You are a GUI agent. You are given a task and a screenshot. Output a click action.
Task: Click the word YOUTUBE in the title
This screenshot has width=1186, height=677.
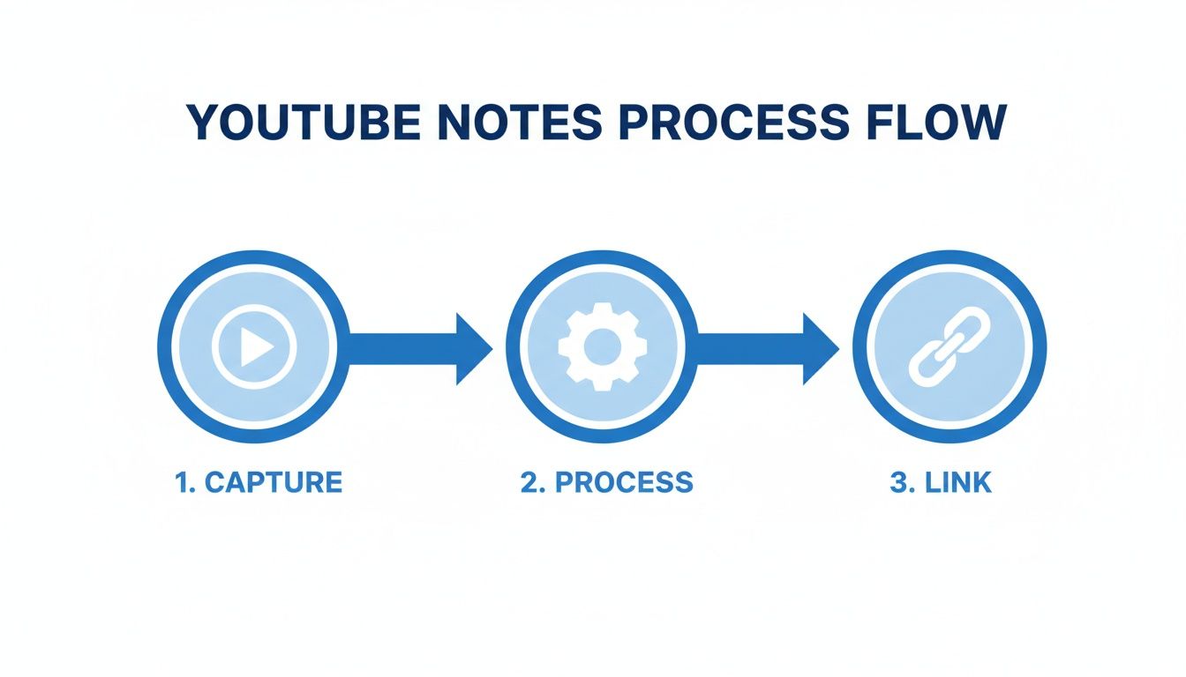[x=304, y=123]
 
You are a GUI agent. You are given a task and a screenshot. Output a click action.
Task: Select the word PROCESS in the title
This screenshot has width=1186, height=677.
[x=734, y=123]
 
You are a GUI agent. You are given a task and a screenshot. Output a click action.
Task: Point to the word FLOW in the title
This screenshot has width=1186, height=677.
[x=936, y=123]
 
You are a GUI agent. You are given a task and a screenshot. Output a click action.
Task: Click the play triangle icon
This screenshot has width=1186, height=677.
[x=256, y=347]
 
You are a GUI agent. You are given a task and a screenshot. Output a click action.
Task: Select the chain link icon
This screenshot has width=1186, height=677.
[x=950, y=346]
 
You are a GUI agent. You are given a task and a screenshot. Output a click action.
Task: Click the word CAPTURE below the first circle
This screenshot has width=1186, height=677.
[x=274, y=482]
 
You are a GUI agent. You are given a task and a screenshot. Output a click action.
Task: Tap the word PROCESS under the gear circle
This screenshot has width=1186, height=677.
[x=624, y=482]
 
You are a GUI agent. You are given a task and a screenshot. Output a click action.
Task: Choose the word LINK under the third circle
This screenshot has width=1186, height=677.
[x=957, y=482]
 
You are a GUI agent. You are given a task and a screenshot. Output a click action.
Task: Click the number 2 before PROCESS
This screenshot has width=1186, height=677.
[x=530, y=482]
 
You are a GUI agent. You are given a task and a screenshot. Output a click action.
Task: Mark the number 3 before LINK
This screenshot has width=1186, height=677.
[x=899, y=482]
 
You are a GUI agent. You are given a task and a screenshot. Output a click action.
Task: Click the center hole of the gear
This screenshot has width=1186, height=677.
[x=603, y=347]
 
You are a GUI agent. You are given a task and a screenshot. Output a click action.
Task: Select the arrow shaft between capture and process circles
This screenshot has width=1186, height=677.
[x=402, y=348]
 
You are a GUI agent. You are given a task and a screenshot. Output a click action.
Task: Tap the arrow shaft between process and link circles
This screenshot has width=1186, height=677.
[x=750, y=348]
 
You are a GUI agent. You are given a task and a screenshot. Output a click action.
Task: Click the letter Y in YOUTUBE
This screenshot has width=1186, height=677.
[x=205, y=123]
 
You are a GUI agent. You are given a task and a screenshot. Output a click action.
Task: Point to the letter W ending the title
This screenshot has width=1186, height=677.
[x=983, y=123]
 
